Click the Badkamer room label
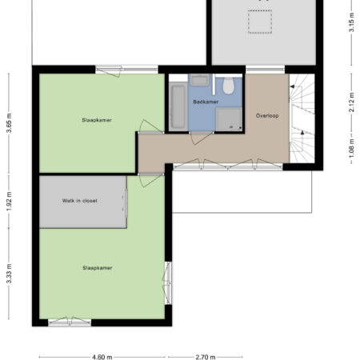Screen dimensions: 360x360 coord(206,102)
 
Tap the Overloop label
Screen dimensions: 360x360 coord(267,116)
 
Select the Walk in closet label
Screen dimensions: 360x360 coord(80,201)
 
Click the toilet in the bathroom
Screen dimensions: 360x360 coord(228,86)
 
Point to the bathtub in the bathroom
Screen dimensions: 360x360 coord(178,106)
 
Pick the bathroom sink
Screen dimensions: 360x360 coord(199,80)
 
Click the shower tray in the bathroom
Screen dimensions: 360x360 coord(229,119)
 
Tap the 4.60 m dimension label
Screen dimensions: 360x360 coord(102,357)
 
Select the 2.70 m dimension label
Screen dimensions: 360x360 coord(206,357)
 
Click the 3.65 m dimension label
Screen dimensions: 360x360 coord(9,123)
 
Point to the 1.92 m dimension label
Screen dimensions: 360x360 coord(9,202)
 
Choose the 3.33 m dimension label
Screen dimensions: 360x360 coord(9,274)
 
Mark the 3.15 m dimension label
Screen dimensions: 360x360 coord(351,22)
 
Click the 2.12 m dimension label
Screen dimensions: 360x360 coord(351,102)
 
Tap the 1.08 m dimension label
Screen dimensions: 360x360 coord(351,148)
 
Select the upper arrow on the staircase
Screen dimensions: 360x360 coord(292,86)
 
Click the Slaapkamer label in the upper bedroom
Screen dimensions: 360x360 coord(97,120)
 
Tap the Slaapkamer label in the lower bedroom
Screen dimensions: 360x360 coord(98,268)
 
